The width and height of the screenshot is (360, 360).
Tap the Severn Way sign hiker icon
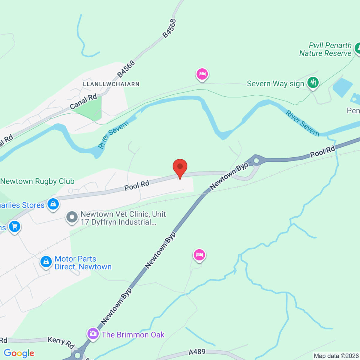pyautogui.click(x=313, y=82)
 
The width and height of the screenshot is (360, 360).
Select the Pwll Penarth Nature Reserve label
pyautogui.click(x=325, y=49)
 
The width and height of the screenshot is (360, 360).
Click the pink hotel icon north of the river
pyautogui.click(x=202, y=74)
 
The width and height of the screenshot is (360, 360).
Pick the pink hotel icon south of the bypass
pyautogui.click(x=199, y=255)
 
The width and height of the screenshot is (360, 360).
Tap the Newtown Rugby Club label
pyautogui.click(x=37, y=181)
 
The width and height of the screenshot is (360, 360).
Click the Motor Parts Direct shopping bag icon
pyautogui.click(x=46, y=262)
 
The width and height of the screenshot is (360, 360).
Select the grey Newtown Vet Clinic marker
pyautogui.click(x=72, y=217)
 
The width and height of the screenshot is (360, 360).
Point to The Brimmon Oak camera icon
pyautogui.click(x=93, y=333)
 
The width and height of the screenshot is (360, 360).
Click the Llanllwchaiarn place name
pyautogui.click(x=111, y=84)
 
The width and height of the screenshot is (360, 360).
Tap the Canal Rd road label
pyautogui.click(x=83, y=101)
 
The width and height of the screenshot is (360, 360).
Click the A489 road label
pyautogui.click(x=197, y=352)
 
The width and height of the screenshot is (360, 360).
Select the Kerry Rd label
pyautogui.click(x=61, y=343)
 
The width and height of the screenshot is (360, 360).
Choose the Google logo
pyautogui.click(x=19, y=353)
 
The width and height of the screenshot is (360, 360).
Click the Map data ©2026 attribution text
pyautogui.click(x=336, y=356)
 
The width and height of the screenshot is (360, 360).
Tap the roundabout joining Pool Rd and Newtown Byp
pyautogui.click(x=256, y=161)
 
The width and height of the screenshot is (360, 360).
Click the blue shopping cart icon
pyautogui.click(x=14, y=226)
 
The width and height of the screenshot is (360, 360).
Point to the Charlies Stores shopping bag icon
pyautogui.click(x=53, y=204)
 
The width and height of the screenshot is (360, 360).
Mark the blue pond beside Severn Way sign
pyautogui.click(x=343, y=87)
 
